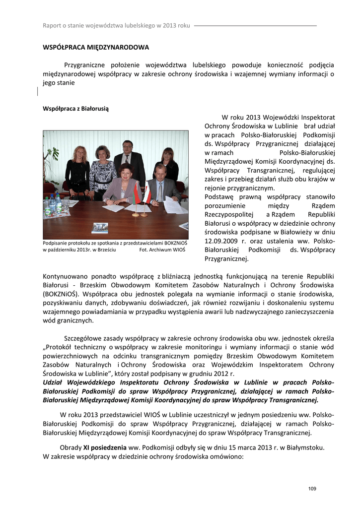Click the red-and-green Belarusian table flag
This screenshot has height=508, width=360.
tap(137, 193)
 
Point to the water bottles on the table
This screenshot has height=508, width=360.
tap(53, 203)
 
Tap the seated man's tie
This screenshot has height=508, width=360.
tap(160, 190)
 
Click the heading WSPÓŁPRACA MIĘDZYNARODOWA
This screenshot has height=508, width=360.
tap(96, 48)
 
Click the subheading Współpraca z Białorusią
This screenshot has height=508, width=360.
tap(75, 108)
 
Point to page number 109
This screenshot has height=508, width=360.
tap(312, 489)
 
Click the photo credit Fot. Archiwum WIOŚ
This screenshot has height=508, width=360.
tap(162, 250)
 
